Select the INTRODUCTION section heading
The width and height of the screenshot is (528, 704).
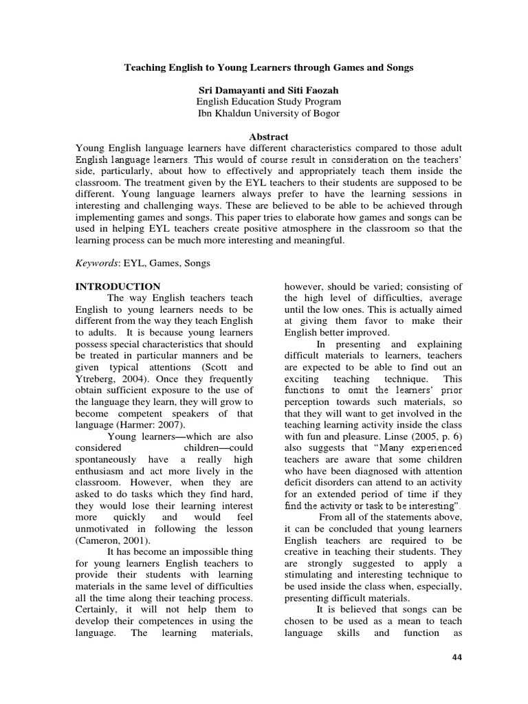118,287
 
